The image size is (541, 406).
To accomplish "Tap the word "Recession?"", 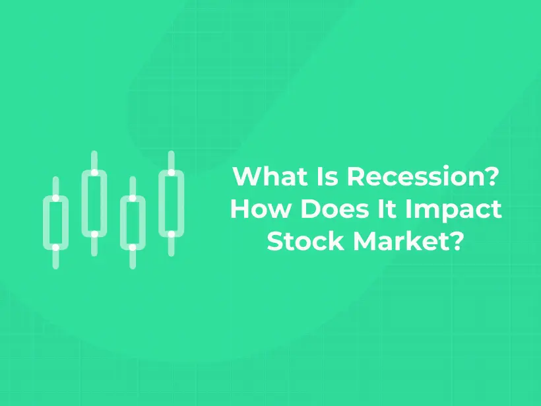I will coord(420,177).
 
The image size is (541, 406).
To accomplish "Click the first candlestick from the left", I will coord(55,222).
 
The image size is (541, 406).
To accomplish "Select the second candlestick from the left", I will coord(94,203).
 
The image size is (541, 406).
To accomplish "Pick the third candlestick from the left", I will coord(133,222).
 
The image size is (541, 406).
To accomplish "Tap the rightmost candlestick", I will coord(171,203).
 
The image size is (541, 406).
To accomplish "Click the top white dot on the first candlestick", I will coord(55,198).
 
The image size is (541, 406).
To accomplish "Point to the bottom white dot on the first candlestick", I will coord(55,247).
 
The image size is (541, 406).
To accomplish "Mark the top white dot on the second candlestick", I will coord(94,172).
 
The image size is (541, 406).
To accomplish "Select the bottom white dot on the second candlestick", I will coord(94,234).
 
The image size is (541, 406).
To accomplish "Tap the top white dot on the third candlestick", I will coord(133,198).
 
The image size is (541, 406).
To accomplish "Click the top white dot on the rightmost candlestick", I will coord(171,172).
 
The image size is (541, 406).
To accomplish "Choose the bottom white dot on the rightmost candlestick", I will coord(171,234).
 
